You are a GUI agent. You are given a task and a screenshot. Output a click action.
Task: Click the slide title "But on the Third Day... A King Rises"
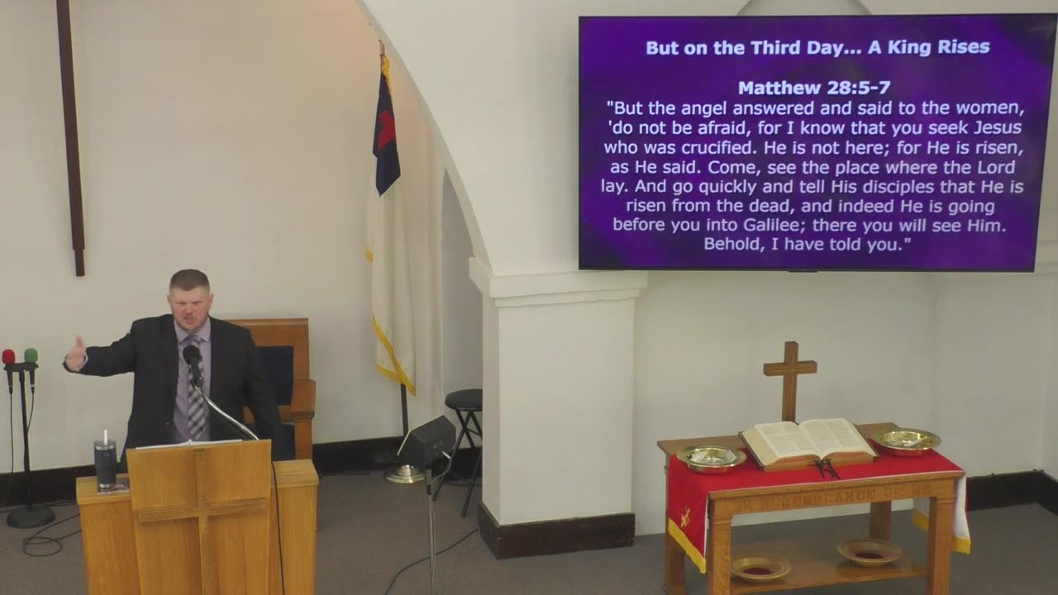tap(817, 47)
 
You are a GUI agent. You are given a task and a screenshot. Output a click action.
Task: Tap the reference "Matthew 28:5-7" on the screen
tap(813, 88)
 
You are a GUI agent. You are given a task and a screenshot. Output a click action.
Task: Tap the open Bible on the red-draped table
tap(808, 441)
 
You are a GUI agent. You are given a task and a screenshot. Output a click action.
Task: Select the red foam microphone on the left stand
tap(8, 357)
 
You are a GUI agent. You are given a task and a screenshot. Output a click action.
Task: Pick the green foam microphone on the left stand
tap(31, 355)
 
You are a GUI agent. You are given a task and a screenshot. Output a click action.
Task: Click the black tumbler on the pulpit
tap(106, 462)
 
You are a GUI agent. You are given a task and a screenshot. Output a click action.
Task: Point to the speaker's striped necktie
tap(194, 397)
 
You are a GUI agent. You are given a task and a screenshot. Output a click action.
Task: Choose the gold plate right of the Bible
tap(905, 440)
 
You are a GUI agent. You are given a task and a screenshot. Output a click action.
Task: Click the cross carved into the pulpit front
tap(200, 512)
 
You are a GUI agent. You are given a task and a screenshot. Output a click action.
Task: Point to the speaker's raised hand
tap(76, 355)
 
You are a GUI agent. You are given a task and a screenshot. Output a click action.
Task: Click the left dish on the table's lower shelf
tap(760, 567)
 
